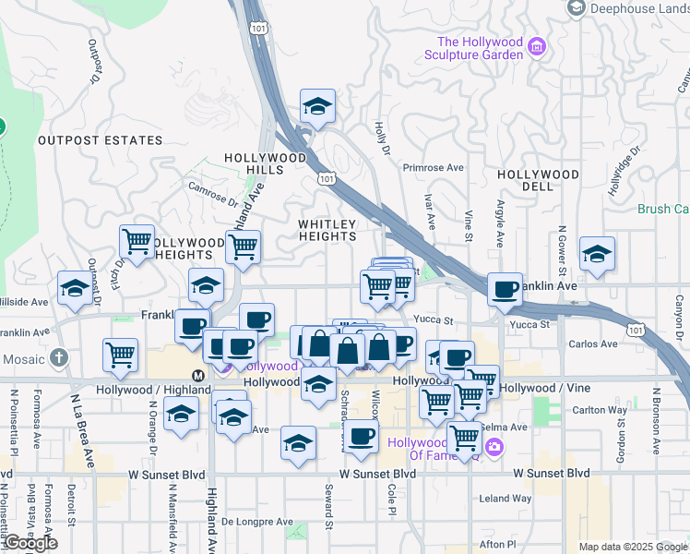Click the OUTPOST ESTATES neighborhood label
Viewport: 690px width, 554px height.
click(100, 141)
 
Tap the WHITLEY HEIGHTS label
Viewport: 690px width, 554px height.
click(327, 230)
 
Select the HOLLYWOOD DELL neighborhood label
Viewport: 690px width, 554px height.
click(538, 181)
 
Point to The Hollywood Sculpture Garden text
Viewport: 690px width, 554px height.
click(480, 48)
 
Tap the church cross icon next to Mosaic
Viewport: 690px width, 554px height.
click(59, 356)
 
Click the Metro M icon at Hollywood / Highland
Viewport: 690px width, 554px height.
click(197, 375)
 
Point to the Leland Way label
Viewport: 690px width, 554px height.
click(506, 499)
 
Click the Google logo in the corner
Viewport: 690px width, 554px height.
click(30, 543)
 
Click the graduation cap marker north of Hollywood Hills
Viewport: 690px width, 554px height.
click(317, 110)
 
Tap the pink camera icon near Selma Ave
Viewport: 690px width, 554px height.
click(494, 448)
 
